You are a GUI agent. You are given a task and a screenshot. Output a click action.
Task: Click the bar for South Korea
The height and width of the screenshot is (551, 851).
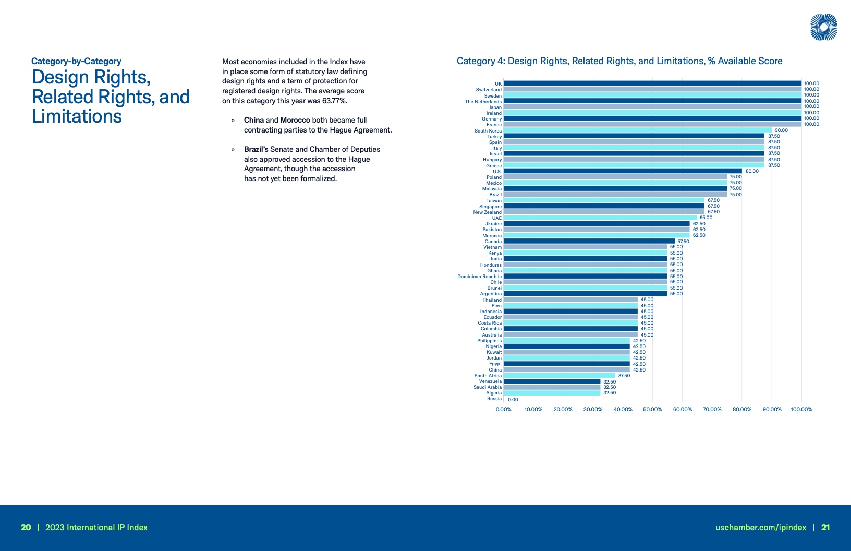point(637,130)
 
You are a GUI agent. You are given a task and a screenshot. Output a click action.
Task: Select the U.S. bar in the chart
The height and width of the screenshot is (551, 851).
point(623,171)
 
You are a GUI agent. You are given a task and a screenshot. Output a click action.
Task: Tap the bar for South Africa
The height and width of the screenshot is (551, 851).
point(559,376)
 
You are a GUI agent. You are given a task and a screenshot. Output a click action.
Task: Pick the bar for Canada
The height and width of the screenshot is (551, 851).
point(589,241)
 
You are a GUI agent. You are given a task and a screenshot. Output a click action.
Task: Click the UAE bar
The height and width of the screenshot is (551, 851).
point(600,218)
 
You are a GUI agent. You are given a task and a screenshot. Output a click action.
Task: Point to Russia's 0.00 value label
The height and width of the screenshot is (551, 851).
point(513,400)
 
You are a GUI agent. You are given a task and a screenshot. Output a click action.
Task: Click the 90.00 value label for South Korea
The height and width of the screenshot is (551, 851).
point(781,130)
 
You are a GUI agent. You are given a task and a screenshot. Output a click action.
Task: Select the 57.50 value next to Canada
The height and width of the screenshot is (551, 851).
point(683,242)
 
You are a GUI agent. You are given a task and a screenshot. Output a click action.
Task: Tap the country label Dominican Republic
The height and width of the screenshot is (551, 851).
point(479,277)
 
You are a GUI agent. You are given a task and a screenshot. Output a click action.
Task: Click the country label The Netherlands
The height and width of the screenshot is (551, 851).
point(483,102)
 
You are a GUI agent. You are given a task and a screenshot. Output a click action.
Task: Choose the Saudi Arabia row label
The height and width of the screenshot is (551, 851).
point(487,387)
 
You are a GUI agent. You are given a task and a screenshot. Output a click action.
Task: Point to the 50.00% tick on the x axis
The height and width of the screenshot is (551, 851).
point(652,410)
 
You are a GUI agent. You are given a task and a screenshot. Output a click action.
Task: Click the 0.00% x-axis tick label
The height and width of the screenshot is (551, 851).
point(503,410)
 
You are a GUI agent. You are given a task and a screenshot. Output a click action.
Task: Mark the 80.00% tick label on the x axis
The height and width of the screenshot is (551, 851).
point(742,410)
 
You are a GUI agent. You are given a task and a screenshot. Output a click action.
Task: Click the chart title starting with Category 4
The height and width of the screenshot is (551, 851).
point(619,61)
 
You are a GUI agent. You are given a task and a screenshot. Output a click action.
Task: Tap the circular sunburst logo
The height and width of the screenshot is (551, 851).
point(823,27)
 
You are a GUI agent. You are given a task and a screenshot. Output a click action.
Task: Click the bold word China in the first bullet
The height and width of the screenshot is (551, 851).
point(254,120)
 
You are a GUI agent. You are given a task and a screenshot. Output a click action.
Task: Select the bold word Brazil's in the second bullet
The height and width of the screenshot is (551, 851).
point(256,149)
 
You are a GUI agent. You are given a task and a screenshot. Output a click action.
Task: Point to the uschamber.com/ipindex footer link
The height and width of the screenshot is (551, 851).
point(761,528)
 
